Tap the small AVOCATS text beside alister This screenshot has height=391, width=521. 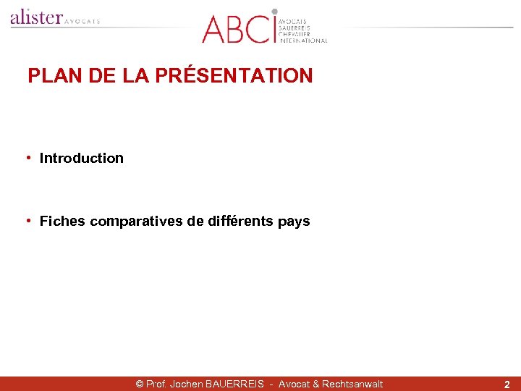(x=82, y=21)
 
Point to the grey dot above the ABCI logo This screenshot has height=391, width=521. (x=274, y=12)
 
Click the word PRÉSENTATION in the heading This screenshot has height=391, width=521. (x=249, y=75)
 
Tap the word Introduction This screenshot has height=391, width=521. (x=82, y=158)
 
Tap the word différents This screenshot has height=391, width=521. (x=240, y=221)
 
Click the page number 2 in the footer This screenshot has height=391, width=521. (x=507, y=384)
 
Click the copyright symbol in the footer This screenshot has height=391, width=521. (x=140, y=384)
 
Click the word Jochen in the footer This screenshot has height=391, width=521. (x=187, y=384)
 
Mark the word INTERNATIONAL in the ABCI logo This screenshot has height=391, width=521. (x=303, y=41)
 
